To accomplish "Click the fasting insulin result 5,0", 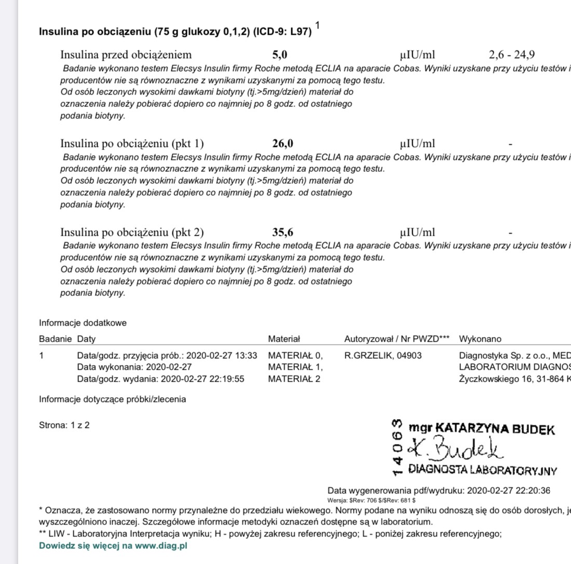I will (x=280, y=55).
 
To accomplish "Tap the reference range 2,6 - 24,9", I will (x=512, y=55).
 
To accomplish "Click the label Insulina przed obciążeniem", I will (x=126, y=55).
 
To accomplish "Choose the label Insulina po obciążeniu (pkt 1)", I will (x=132, y=144).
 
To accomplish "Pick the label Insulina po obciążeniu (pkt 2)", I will (x=132, y=233).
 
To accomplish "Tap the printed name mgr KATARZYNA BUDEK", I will (x=482, y=429).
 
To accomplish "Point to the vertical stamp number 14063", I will (x=398, y=446).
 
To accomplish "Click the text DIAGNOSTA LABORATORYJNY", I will (x=483, y=471).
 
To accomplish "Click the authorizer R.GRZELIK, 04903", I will (x=383, y=356).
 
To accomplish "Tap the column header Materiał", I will (x=284, y=339).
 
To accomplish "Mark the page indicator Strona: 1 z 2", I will (x=64, y=425).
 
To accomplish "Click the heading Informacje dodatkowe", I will (x=83, y=323).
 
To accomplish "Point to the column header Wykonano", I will (x=480, y=339).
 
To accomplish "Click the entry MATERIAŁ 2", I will (x=294, y=379).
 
